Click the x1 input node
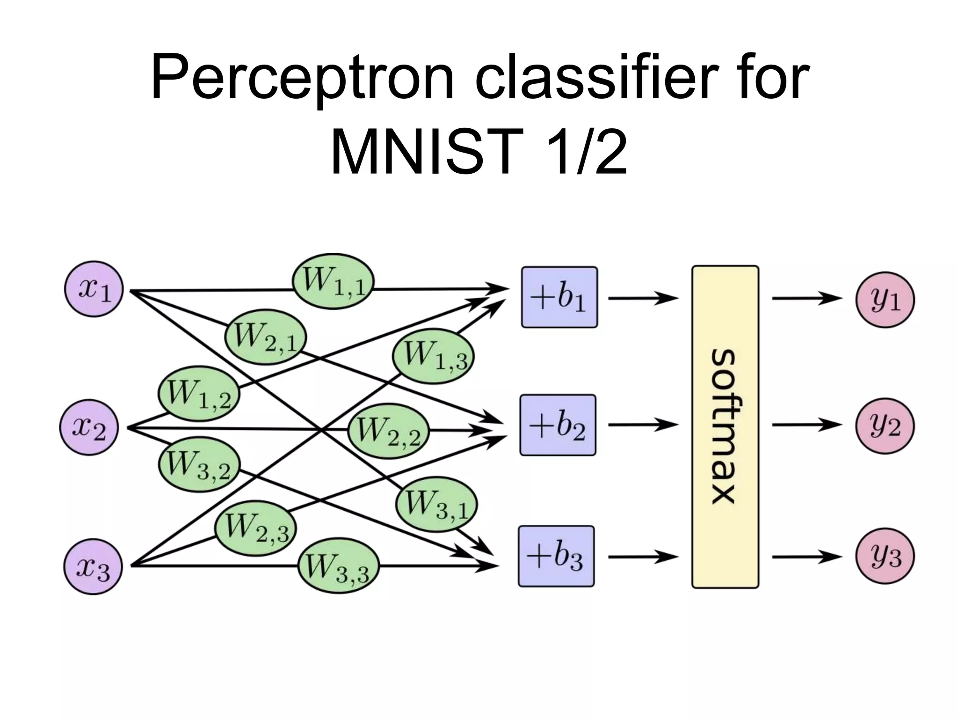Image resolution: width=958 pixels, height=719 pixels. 94,290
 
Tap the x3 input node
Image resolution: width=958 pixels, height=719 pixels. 93,567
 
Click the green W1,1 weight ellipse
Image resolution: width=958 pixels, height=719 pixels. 333,281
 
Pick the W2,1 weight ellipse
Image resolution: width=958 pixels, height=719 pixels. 265,337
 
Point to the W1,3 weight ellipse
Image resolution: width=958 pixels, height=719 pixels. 433,356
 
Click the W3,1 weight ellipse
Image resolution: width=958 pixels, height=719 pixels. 436,505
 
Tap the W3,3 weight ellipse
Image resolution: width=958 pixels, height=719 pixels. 338,568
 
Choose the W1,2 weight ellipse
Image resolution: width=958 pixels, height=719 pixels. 199,394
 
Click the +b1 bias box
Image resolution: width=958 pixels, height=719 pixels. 559,297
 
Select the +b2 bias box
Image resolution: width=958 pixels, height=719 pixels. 558,425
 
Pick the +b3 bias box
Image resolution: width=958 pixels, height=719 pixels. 556,556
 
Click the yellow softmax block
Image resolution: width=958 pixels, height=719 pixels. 725,426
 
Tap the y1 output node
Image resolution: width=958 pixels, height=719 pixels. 885,299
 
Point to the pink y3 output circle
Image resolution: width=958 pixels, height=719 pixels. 885,557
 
